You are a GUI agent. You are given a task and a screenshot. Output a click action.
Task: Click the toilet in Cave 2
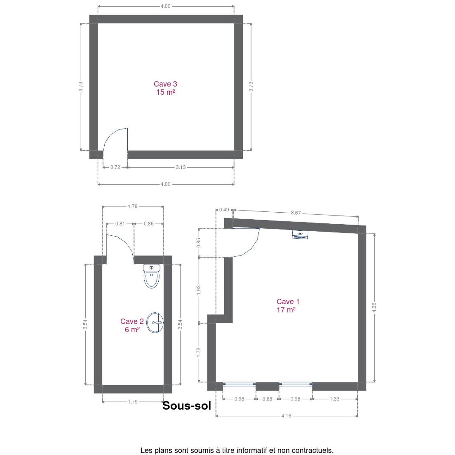[x=151, y=276]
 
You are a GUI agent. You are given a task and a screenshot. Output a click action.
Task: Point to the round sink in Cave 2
[x=155, y=323]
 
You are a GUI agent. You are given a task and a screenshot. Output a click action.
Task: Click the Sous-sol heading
[x=186, y=406]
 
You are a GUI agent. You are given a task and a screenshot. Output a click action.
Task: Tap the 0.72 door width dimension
[x=115, y=167]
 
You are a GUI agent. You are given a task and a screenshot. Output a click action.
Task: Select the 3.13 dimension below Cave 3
[x=181, y=167]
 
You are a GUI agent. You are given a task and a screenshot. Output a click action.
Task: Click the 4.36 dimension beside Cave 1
[x=374, y=307]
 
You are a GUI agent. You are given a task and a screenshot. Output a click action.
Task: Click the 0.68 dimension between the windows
[x=267, y=399]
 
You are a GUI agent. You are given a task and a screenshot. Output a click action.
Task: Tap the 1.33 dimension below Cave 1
[x=334, y=399]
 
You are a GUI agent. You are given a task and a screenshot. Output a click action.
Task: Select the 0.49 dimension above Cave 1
[x=224, y=210]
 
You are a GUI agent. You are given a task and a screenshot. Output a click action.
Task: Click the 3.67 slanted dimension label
[x=296, y=213]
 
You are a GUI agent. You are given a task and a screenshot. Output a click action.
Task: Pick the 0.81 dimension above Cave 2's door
[x=120, y=224]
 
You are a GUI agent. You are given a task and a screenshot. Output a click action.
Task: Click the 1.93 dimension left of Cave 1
[x=198, y=290]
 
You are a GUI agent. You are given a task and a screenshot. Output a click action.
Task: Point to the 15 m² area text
[x=166, y=92]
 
